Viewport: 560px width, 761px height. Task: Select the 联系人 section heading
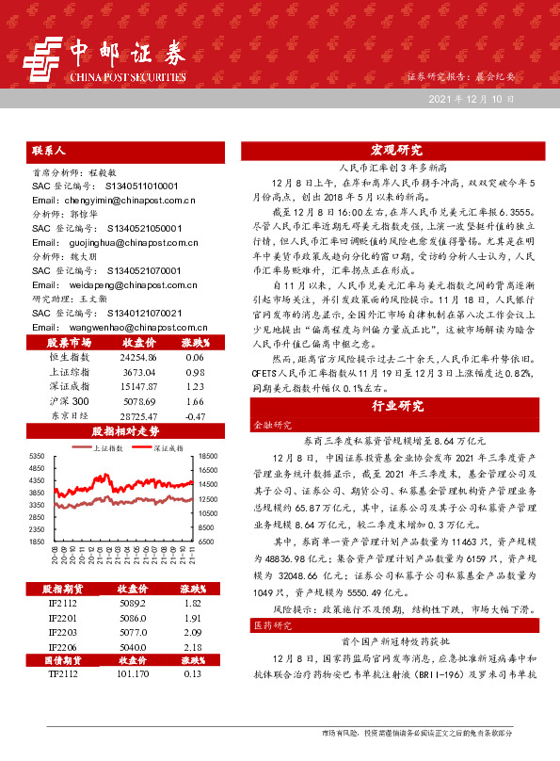click(49, 150)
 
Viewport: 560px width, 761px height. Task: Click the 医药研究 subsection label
click(269, 624)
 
